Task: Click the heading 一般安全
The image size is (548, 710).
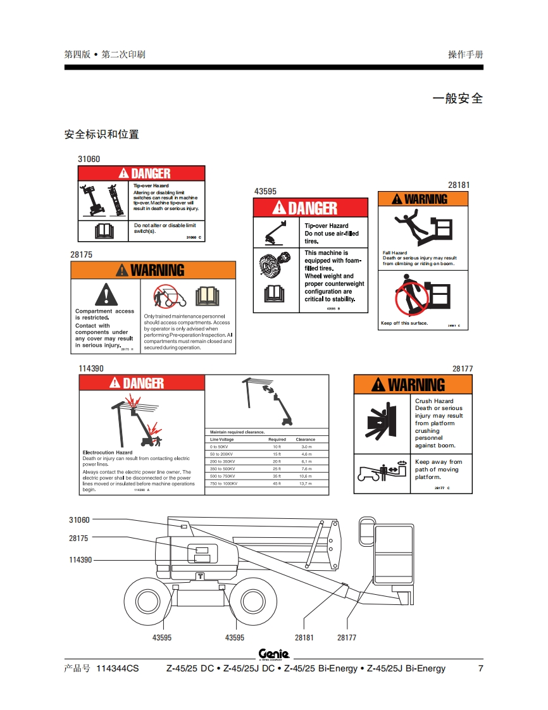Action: point(458,99)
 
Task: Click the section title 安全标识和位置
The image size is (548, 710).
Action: point(102,134)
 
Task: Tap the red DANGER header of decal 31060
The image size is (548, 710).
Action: point(142,173)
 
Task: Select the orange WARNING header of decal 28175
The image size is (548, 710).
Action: point(153,270)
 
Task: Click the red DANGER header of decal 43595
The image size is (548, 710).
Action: point(310,208)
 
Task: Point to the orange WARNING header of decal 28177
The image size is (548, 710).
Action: point(413,385)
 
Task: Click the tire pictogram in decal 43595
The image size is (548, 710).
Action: point(276,265)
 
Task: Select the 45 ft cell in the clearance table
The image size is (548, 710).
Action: point(277,483)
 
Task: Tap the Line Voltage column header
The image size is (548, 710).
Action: point(222,439)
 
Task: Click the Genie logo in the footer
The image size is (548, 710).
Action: point(274,654)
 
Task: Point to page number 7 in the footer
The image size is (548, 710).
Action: point(480,668)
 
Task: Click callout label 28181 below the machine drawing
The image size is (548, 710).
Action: point(304,638)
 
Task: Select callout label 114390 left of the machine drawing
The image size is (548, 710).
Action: point(80,560)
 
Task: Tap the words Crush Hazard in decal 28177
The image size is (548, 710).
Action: point(434,401)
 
